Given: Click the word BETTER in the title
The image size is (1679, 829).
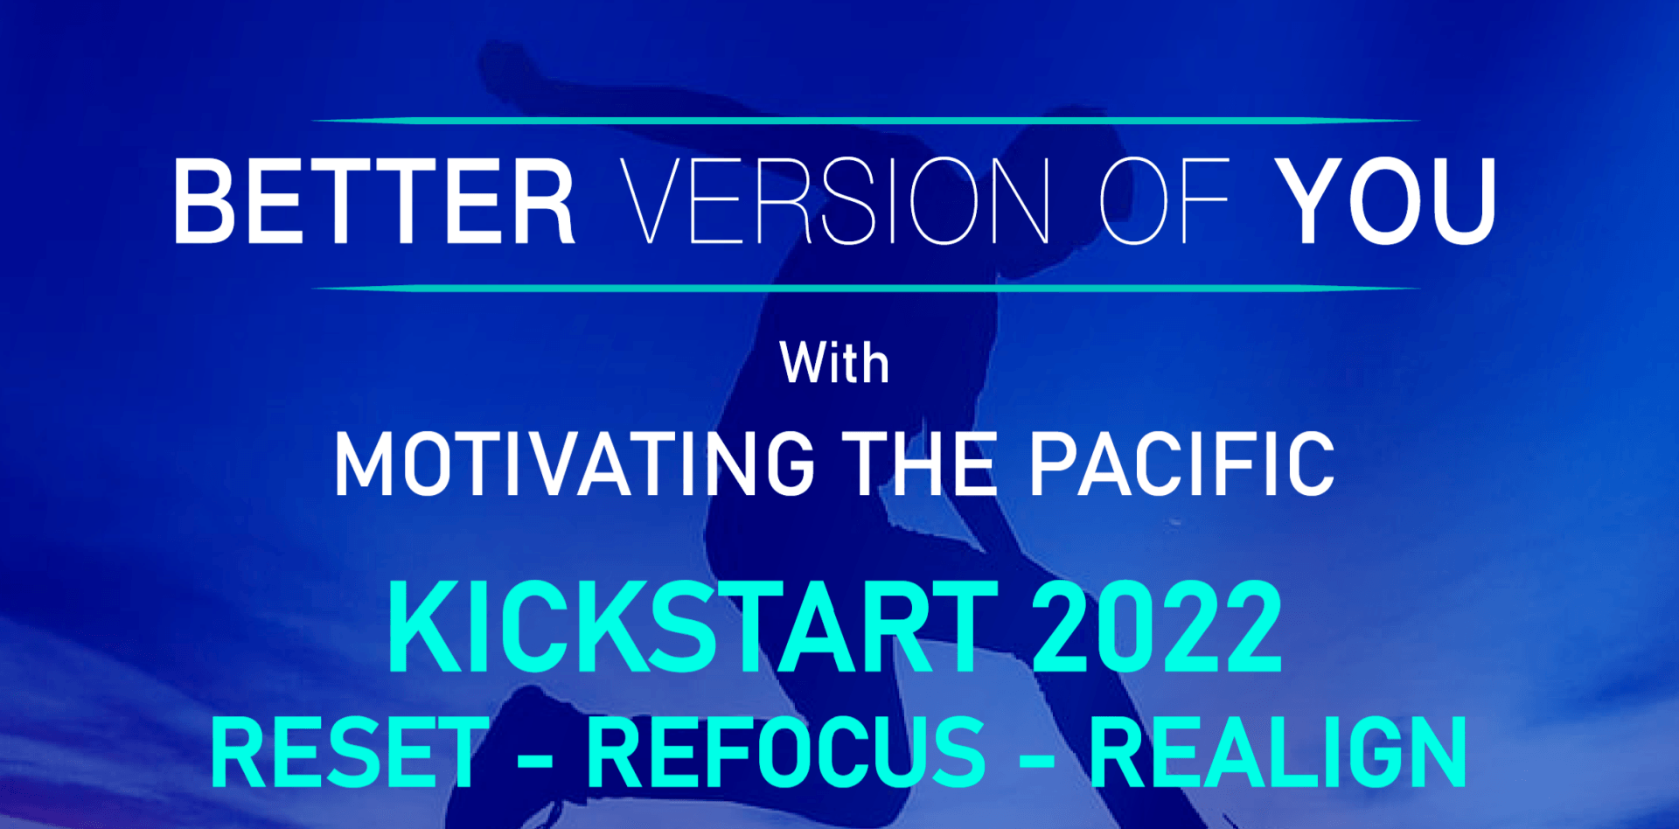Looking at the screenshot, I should pos(374,202).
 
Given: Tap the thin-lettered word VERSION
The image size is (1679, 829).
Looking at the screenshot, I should pos(835,202).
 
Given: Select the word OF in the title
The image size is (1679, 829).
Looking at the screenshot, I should pos(1164,202).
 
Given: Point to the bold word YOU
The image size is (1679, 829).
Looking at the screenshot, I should pos(1385,202).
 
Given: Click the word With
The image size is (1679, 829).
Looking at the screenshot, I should pos(834,363).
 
